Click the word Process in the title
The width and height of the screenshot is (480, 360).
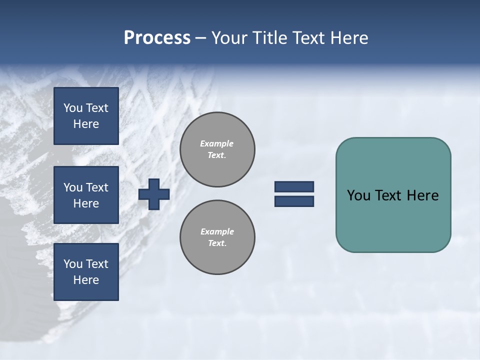click(x=157, y=38)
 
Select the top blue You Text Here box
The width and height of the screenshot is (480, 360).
click(x=86, y=116)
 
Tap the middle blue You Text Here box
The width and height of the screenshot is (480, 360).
click(x=86, y=195)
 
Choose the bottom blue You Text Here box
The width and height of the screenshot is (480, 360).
click(x=86, y=272)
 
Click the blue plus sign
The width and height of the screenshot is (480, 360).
click(x=154, y=194)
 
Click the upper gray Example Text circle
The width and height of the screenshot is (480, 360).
click(x=217, y=149)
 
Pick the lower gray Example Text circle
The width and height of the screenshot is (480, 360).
click(x=217, y=237)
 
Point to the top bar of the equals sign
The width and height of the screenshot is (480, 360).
click(x=294, y=187)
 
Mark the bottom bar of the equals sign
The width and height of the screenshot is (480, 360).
click(x=294, y=201)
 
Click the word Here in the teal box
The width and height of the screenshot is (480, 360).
click(x=422, y=195)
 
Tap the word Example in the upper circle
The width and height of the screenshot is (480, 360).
click(x=216, y=143)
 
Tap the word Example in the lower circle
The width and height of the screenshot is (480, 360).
click(x=216, y=231)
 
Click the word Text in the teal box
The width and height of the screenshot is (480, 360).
click(x=389, y=195)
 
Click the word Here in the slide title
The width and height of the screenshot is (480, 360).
click(x=349, y=38)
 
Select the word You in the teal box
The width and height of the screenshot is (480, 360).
click(x=358, y=195)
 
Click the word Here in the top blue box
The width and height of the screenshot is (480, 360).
click(x=86, y=124)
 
